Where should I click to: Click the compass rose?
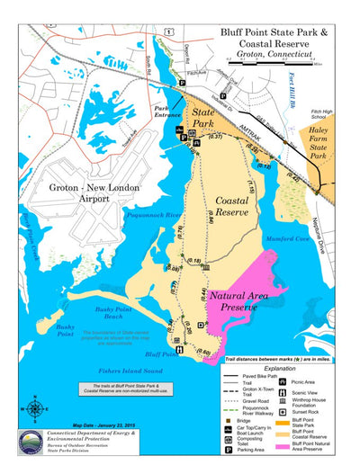[x=34, y=407]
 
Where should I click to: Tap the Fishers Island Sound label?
[x=130, y=370]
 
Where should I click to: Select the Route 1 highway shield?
[x=168, y=31]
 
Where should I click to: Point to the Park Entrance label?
[x=166, y=116]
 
